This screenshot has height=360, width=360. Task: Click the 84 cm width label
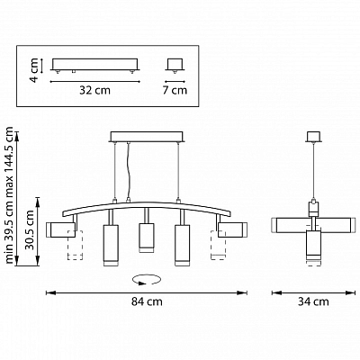[147, 301]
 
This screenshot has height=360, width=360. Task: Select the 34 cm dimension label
[313, 301]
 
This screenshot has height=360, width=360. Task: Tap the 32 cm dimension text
[94, 90]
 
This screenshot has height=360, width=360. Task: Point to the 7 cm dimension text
[175, 90]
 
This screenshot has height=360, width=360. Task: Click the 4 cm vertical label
[34, 70]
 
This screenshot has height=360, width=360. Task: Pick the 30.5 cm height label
[30, 230]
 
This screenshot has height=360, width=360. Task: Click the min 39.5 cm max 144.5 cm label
[10, 195]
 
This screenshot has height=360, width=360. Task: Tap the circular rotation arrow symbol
[146, 280]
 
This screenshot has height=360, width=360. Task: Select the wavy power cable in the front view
[129, 172]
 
